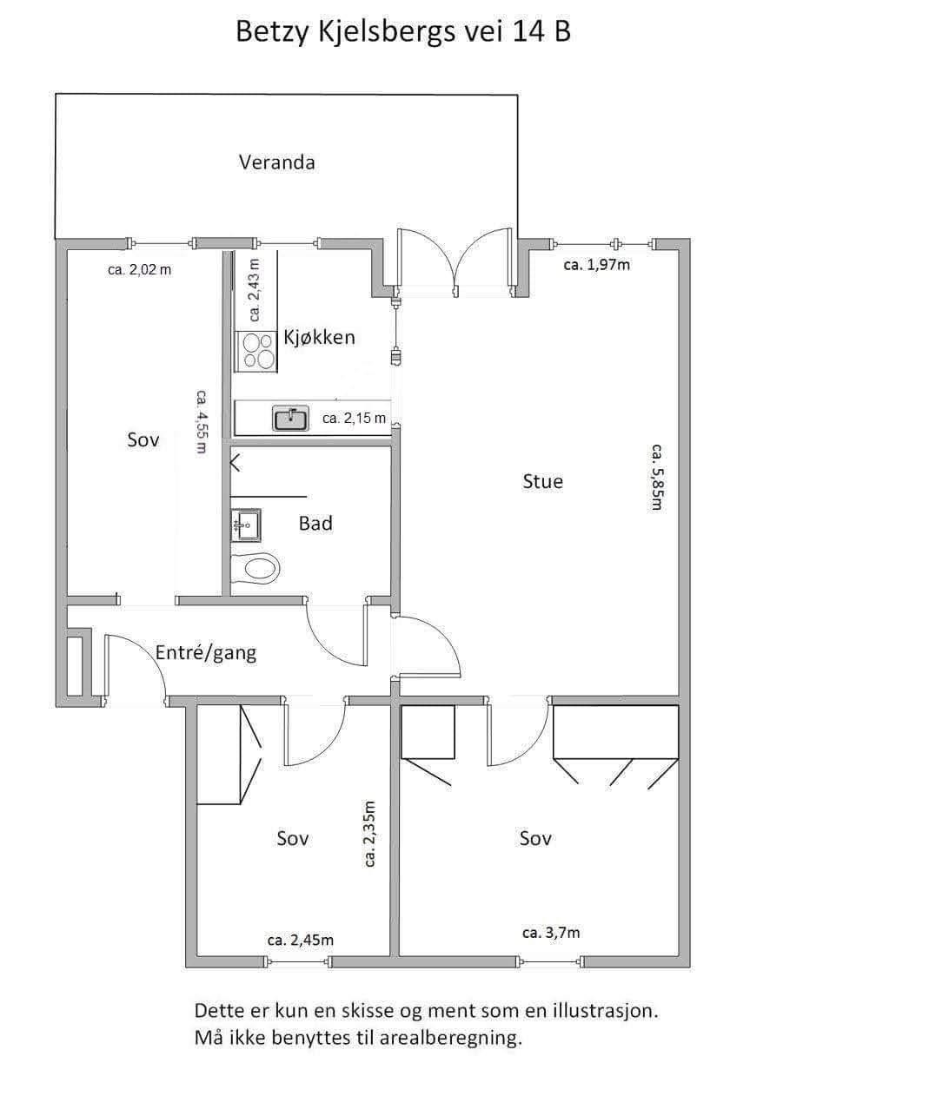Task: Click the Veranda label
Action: pyautogui.click(x=277, y=162)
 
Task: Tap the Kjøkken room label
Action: pyautogui.click(x=320, y=337)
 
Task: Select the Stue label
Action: pyautogui.click(x=543, y=481)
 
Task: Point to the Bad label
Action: pyautogui.click(x=315, y=524)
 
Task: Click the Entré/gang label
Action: pyautogui.click(x=206, y=653)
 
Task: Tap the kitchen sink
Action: pyautogui.click(x=291, y=419)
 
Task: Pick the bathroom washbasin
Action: pyautogui.click(x=246, y=525)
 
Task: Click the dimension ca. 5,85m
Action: pyautogui.click(x=657, y=477)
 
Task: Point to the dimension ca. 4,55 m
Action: pyautogui.click(x=202, y=422)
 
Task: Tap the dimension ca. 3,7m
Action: pyautogui.click(x=551, y=933)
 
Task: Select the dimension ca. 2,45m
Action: pyautogui.click(x=301, y=940)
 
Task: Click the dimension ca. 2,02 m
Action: pyautogui.click(x=140, y=270)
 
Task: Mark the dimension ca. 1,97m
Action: pyautogui.click(x=597, y=265)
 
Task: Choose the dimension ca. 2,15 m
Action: pyautogui.click(x=354, y=419)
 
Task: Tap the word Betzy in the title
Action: pyautogui.click(x=272, y=32)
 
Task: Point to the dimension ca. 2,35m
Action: pyautogui.click(x=370, y=834)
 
